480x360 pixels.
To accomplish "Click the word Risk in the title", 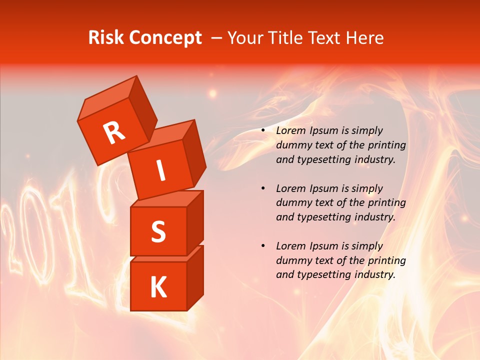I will pyautogui.click(x=106, y=38).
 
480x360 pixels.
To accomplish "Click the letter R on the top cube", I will pyautogui.click(x=114, y=132).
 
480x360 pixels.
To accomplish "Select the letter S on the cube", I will pyautogui.click(x=158, y=231).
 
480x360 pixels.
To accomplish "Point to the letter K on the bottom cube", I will pyautogui.click(x=158, y=287).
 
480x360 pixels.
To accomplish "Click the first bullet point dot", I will pyautogui.click(x=263, y=130).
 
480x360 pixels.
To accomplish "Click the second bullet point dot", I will pyautogui.click(x=263, y=188).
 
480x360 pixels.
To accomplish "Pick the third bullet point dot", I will pyautogui.click(x=263, y=246).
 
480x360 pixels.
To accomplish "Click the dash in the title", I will pyautogui.click(x=217, y=38).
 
